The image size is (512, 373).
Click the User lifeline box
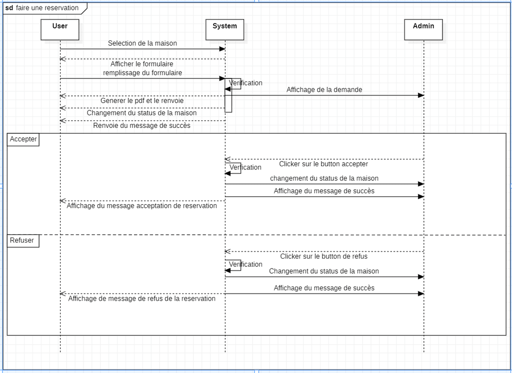60,29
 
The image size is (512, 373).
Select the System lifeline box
224,29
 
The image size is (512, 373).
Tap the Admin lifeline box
423,29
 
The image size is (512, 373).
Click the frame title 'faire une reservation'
47,8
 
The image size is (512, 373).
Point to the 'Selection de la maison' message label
142,43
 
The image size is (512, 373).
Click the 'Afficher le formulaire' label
141,64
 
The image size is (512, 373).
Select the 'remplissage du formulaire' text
142,73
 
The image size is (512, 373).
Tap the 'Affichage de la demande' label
324,90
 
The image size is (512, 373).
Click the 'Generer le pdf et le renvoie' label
142,101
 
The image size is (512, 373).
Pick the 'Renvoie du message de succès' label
141,125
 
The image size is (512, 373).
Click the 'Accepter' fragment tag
23,139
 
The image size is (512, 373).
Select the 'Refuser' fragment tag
22,241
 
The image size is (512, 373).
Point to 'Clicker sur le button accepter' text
323,164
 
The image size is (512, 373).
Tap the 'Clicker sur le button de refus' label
324,257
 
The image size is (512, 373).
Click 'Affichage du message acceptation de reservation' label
141,206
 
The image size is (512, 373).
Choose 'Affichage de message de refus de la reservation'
141,299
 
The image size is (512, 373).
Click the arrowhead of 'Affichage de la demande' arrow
421,95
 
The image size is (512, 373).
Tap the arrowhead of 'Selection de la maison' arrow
222,49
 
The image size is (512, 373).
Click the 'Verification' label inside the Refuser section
245,265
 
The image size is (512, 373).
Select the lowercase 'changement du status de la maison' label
324,178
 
